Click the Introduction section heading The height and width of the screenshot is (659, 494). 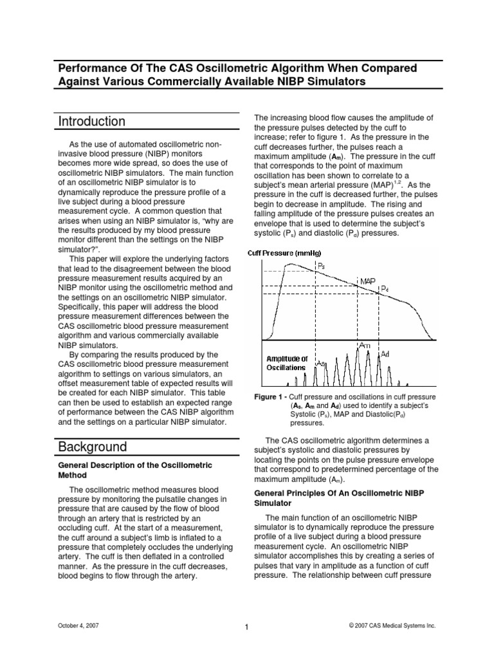click(92, 122)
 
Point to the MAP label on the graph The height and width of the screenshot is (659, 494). click(367, 281)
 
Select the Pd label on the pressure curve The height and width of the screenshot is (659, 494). click(384, 290)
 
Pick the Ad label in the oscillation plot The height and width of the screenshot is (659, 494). click(385, 355)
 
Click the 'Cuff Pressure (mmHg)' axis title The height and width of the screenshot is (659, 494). click(286, 253)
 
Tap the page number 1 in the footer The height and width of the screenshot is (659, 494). click(247, 628)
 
